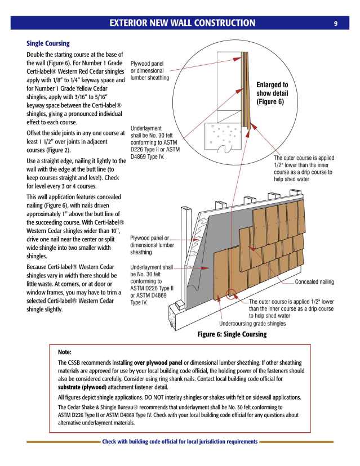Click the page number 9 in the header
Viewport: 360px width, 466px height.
pyautogui.click(x=335, y=23)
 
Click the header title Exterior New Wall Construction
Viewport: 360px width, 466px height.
pyautogui.click(x=182, y=23)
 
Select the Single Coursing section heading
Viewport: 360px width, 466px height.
pyautogui.click(x=48, y=43)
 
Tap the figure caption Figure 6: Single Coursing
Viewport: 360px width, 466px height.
pyautogui.click(x=232, y=334)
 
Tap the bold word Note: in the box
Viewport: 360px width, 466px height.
pyautogui.click(x=65, y=352)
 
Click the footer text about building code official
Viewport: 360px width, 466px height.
pyautogui.click(x=180, y=442)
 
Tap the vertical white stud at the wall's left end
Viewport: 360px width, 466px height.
pyautogui.click(x=181, y=248)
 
